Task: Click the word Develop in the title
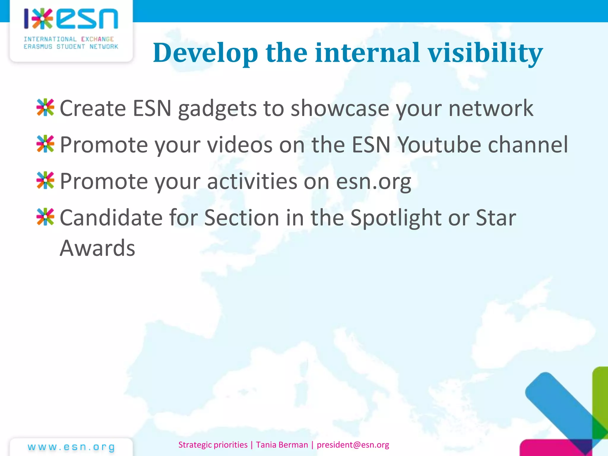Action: (x=205, y=53)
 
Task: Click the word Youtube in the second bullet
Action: (x=439, y=145)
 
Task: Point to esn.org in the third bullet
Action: (x=373, y=181)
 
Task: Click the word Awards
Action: (x=97, y=248)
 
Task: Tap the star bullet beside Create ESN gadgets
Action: (x=45, y=107)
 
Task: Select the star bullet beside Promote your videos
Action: (x=45, y=144)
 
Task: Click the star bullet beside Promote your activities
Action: (x=45, y=180)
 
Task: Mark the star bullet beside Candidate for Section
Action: (x=45, y=217)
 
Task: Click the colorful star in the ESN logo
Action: (x=42, y=19)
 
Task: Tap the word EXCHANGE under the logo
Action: (x=97, y=39)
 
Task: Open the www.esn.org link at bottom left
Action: (x=71, y=447)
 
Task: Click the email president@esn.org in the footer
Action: (x=353, y=445)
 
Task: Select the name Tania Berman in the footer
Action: (x=282, y=445)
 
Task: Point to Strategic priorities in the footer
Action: (x=213, y=445)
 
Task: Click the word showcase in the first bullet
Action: (x=340, y=108)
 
